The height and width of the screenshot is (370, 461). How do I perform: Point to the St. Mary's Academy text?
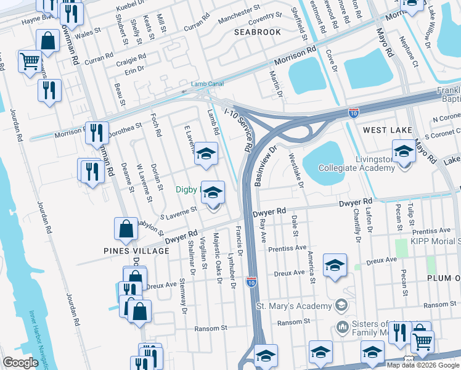pyautogui.click(x=293, y=306)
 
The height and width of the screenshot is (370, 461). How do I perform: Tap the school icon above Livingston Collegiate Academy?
pyautogui.click(x=404, y=151)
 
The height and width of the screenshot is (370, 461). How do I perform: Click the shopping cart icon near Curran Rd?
pyautogui.click(x=30, y=61)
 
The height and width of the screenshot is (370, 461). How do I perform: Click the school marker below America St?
pyautogui.click(x=334, y=266)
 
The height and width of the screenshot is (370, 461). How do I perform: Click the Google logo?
pyautogui.click(x=20, y=363)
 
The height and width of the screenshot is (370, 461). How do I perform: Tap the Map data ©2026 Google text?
pyautogui.click(x=423, y=365)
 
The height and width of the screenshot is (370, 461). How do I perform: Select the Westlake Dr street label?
pyautogui.click(x=296, y=171)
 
